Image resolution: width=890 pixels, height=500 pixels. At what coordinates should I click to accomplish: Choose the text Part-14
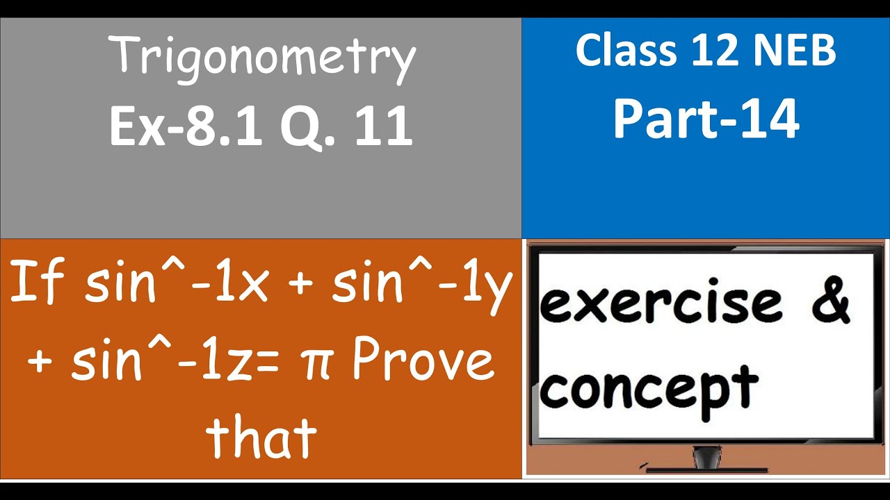point(706,119)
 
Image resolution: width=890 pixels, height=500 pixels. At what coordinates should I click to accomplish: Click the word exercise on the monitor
point(661,303)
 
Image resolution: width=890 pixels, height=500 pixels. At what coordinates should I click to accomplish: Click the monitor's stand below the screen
point(706,459)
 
